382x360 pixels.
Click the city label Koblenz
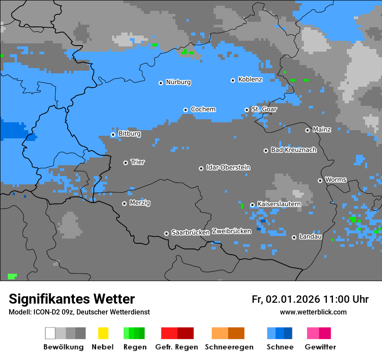tap(250, 79)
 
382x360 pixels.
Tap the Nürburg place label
tap(178, 82)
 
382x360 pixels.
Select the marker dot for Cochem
tap(185, 110)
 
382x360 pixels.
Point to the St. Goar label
tap(264, 109)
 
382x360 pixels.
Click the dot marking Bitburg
tap(113, 134)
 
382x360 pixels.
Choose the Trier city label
tap(138, 162)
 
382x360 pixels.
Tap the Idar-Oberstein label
tap(228, 168)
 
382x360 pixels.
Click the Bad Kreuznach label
tap(293, 150)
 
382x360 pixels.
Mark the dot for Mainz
tap(307, 130)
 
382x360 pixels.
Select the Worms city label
tap(336, 180)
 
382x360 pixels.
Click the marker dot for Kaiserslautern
tap(252, 205)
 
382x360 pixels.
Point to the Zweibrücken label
tap(231, 231)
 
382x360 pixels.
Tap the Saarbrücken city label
tap(191, 232)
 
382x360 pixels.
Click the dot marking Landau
tap(294, 237)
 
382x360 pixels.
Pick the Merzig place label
tap(140, 203)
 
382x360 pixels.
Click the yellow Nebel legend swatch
tap(103, 333)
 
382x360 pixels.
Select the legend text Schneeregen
tap(229, 347)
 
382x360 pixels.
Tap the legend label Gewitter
tap(320, 347)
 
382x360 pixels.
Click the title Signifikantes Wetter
tap(72, 299)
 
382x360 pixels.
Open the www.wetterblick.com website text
tap(313, 312)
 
